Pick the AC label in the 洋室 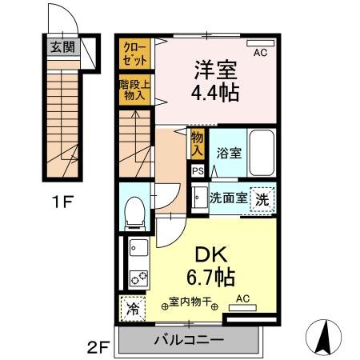[x=260, y=53]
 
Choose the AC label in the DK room [x=242, y=299]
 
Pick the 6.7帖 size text [x=211, y=278]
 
